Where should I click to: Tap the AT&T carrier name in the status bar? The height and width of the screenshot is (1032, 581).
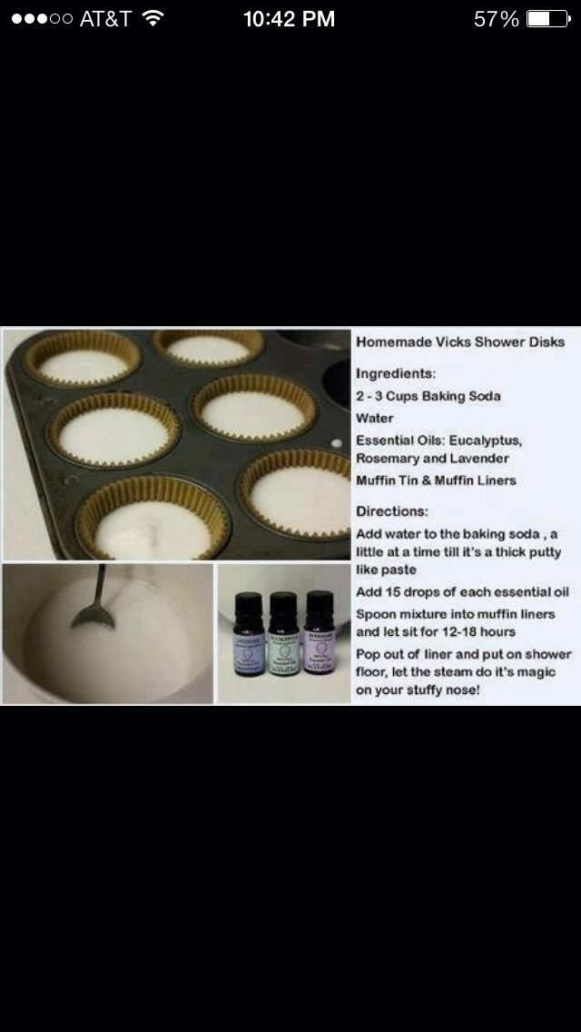(105, 19)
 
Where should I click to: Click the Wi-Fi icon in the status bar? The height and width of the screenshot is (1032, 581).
(153, 18)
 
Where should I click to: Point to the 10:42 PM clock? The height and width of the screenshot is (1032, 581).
(289, 19)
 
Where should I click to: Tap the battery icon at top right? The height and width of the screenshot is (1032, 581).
(549, 19)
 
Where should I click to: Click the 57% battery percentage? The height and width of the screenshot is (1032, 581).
(497, 19)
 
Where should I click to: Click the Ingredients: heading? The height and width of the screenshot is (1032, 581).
(395, 373)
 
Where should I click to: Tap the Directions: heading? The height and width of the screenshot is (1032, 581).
(391, 511)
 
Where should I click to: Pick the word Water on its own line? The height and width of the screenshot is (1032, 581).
(375, 418)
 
